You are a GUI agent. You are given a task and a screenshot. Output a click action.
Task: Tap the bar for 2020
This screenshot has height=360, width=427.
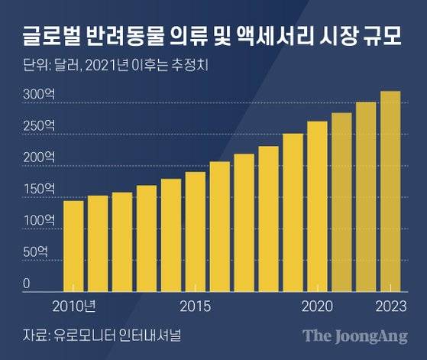pyautogui.click(x=317, y=206)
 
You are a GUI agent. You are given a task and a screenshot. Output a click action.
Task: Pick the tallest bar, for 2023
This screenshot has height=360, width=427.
pyautogui.click(x=390, y=192)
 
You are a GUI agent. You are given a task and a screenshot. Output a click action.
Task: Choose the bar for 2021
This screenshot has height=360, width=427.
pyautogui.click(x=341, y=203)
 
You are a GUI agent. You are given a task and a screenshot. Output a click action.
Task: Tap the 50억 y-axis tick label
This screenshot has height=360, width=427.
pyautogui.click(x=34, y=251)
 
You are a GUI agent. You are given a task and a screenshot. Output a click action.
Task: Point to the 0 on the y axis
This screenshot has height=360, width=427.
pyautogui.click(x=26, y=284)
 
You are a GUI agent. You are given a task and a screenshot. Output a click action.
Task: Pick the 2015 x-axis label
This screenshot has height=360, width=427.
pyautogui.click(x=196, y=306)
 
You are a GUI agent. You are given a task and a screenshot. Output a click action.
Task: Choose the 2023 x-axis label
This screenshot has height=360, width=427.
pyautogui.click(x=390, y=306)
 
